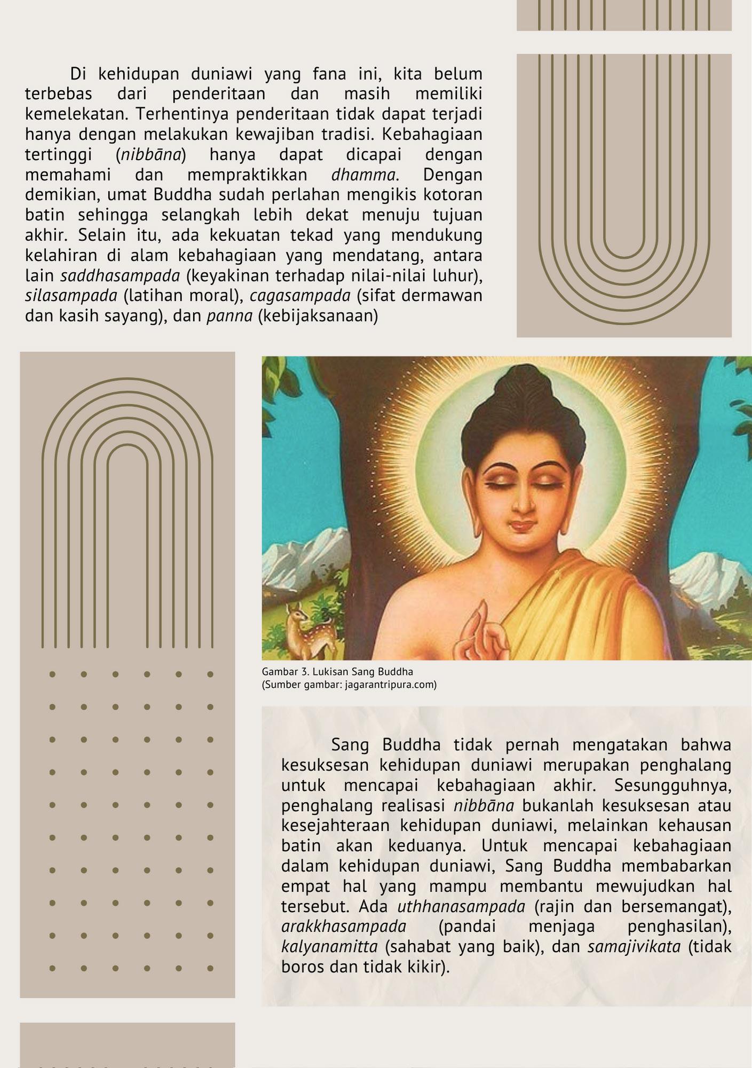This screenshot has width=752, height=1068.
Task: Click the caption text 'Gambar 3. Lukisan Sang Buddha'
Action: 337,672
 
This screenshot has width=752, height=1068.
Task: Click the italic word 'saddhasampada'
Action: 120,276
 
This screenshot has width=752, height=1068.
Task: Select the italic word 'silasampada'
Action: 71,295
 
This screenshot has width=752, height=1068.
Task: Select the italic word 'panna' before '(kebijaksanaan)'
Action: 229,316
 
